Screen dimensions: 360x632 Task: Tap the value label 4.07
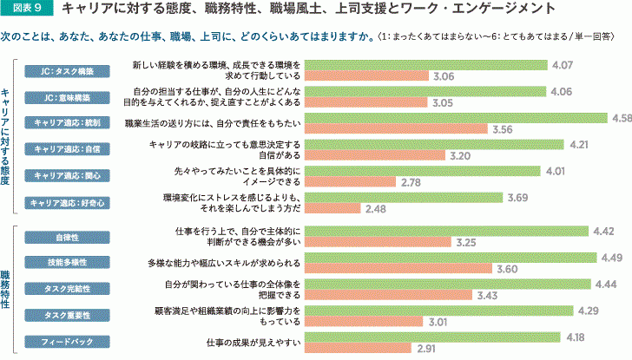(563, 65)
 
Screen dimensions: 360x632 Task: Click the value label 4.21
(578, 144)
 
